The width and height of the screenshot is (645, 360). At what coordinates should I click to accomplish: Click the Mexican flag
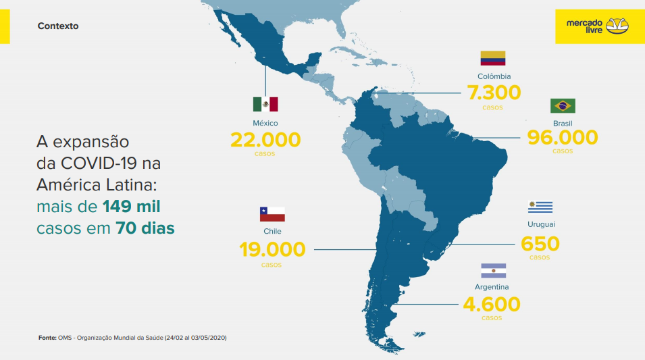265,104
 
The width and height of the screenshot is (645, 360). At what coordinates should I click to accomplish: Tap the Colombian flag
493,58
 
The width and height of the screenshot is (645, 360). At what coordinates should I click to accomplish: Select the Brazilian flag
563,105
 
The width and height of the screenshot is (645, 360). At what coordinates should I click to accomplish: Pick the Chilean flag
272,214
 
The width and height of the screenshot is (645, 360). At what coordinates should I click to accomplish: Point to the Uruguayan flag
540,207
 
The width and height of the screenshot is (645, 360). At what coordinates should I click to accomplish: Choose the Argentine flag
493,271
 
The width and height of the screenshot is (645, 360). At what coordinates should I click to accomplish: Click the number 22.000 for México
265,140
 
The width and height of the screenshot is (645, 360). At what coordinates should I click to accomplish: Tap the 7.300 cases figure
493,92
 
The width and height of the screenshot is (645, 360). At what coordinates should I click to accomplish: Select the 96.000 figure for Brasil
563,137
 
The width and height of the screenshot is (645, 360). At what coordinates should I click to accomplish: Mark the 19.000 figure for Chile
272,249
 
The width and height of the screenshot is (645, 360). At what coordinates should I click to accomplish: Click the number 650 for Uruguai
540,243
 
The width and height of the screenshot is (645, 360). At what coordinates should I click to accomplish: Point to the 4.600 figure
492,304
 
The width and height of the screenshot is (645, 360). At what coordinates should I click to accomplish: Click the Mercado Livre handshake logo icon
617,26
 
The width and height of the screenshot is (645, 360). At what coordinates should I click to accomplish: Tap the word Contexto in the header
58,26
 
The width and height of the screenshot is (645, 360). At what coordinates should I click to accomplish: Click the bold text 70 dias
145,228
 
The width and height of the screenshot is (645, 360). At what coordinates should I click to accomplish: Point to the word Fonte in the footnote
47,337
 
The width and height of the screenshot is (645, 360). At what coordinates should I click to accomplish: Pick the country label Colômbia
494,76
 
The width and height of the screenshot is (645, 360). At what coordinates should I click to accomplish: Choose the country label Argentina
492,287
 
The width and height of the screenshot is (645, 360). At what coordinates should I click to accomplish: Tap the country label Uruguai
541,224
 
